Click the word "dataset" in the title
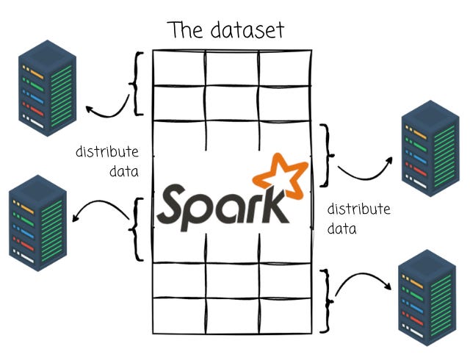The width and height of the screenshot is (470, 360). click(x=248, y=30)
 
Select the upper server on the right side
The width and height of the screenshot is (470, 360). click(x=429, y=144)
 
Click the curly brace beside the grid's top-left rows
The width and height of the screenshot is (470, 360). click(x=135, y=82)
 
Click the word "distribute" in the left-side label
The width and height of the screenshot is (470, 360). click(x=106, y=153)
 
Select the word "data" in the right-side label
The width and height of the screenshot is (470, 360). click(x=341, y=228)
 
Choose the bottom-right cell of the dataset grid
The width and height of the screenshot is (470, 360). click(x=286, y=314)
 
